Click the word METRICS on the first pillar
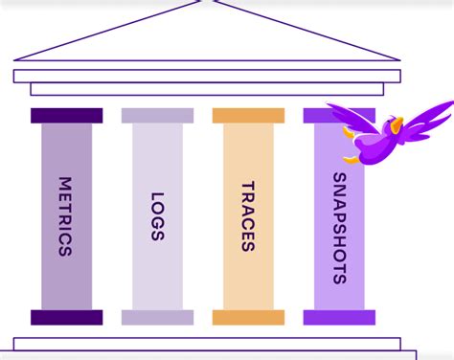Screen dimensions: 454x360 click(65, 215)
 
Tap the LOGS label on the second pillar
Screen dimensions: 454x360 click(157, 215)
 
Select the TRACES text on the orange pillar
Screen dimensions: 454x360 click(248, 215)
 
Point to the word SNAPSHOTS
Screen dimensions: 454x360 click(339, 228)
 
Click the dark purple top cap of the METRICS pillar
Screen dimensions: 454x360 click(66, 116)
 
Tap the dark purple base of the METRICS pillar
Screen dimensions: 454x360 click(66, 318)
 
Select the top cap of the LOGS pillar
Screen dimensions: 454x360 click(157, 116)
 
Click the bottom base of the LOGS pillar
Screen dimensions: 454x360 click(157, 318)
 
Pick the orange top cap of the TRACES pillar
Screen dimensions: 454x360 click(248, 116)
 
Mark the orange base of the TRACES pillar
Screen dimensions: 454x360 click(248, 318)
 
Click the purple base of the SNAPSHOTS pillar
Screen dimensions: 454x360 click(339, 318)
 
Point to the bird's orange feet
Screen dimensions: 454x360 click(353, 159)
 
